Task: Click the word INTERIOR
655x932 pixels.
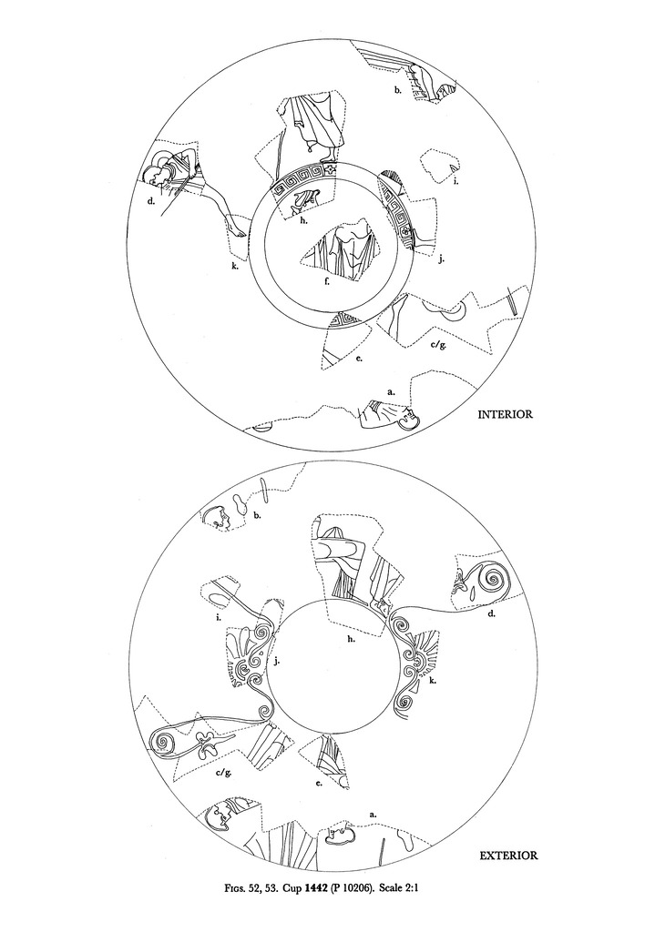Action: [505, 414]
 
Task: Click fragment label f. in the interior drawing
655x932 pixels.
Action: [327, 282]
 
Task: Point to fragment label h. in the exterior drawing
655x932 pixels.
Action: [351, 639]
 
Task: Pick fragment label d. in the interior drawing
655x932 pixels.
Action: [152, 201]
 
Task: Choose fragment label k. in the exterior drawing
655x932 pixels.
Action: [433, 680]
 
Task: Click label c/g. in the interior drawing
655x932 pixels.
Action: [438, 344]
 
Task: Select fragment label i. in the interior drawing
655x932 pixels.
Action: [455, 181]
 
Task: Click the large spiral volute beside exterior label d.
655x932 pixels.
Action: [492, 579]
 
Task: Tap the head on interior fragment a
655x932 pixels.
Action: [408, 418]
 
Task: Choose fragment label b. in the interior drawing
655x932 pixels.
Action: [397, 90]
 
